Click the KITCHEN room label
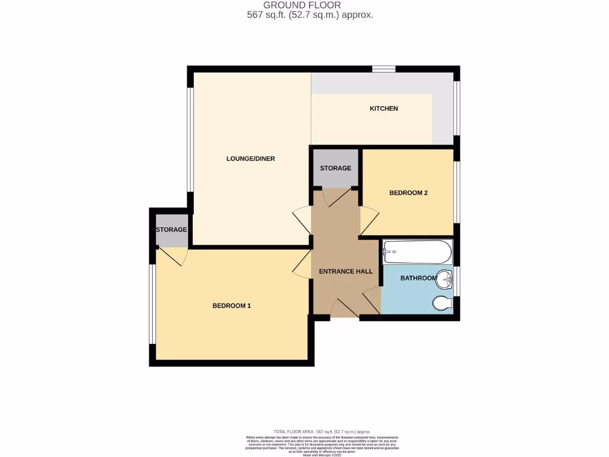click(x=384, y=108)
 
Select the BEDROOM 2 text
click(x=409, y=193)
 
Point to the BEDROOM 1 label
click(x=232, y=306)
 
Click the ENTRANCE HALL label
click(x=346, y=271)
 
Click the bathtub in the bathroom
click(x=417, y=252)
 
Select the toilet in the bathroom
click(x=442, y=304)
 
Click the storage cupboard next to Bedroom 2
click(x=335, y=168)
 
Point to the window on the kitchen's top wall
click(x=384, y=70)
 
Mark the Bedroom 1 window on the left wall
click(x=153, y=304)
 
